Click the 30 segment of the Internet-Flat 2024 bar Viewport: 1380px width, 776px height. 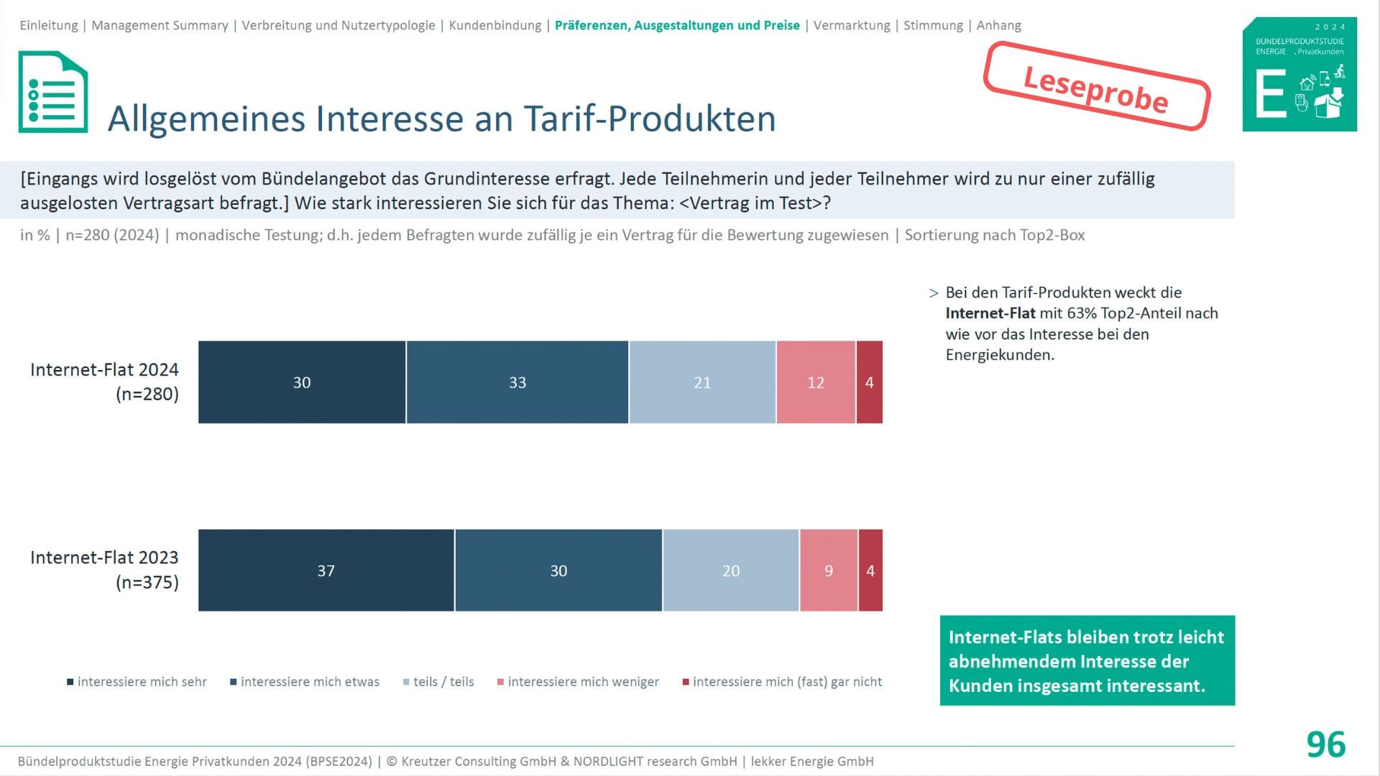302,382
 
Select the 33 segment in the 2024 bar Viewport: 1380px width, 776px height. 517,382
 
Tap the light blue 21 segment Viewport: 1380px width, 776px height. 702,382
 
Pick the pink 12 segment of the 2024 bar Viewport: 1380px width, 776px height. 816,382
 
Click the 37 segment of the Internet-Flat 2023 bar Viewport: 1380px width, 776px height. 326,571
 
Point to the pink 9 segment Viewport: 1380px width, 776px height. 829,571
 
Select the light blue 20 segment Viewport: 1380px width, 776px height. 731,571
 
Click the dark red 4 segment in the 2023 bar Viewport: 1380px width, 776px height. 870,571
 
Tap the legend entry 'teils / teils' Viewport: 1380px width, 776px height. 443,682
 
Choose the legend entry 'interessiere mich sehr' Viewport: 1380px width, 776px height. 142,682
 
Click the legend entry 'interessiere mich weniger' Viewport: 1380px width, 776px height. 582,682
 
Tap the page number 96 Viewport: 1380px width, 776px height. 1325,744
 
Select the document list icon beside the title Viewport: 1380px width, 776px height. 53,92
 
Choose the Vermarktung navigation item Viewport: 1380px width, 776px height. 852,26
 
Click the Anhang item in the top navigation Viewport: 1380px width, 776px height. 998,26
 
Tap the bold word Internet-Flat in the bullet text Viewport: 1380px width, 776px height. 990,313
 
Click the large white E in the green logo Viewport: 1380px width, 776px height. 1270,94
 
